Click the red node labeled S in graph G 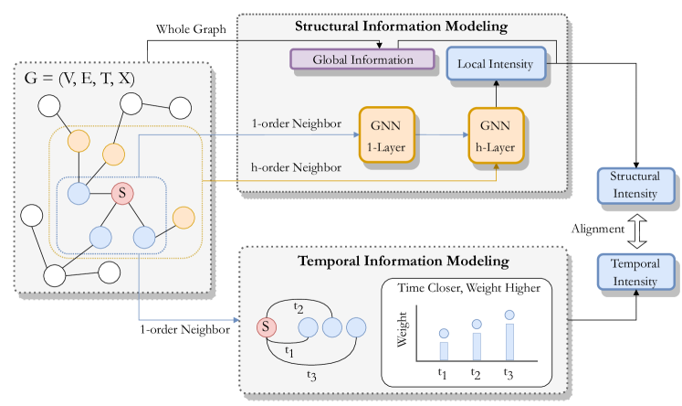pos(121,193)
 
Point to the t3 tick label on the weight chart pos(509,373)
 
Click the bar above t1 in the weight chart pos(444,350)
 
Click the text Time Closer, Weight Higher pos(469,289)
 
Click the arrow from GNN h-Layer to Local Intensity pos(496,95)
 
